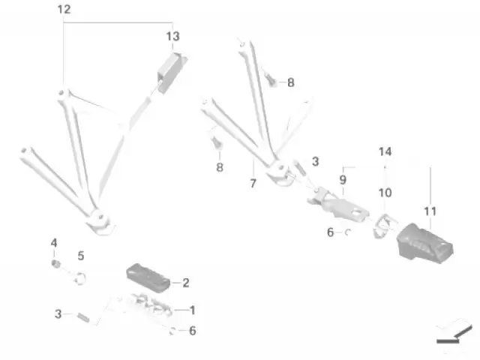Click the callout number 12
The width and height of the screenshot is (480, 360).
(x=64, y=10)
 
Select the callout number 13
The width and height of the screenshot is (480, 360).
(x=172, y=37)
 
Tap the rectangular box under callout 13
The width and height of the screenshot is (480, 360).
(x=172, y=73)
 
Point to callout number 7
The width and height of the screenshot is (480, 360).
(x=253, y=183)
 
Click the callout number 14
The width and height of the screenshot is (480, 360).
(x=385, y=151)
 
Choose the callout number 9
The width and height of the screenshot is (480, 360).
(x=343, y=180)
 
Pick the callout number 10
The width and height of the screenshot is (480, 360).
(x=385, y=193)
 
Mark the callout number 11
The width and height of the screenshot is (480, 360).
(x=430, y=211)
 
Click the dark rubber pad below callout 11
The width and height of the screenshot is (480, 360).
(x=425, y=243)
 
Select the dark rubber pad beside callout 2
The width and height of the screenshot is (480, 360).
(x=148, y=278)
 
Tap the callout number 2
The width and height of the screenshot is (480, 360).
(x=186, y=283)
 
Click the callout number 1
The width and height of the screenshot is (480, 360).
(x=192, y=310)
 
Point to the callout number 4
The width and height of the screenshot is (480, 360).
(x=54, y=243)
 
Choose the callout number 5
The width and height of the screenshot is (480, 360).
(x=81, y=256)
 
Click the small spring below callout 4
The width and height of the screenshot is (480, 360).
(x=55, y=263)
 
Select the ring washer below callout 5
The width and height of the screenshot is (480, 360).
(x=80, y=278)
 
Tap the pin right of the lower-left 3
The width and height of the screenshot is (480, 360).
(x=83, y=317)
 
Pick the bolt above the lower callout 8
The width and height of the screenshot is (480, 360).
(x=217, y=142)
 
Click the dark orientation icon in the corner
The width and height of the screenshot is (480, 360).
(x=454, y=334)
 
